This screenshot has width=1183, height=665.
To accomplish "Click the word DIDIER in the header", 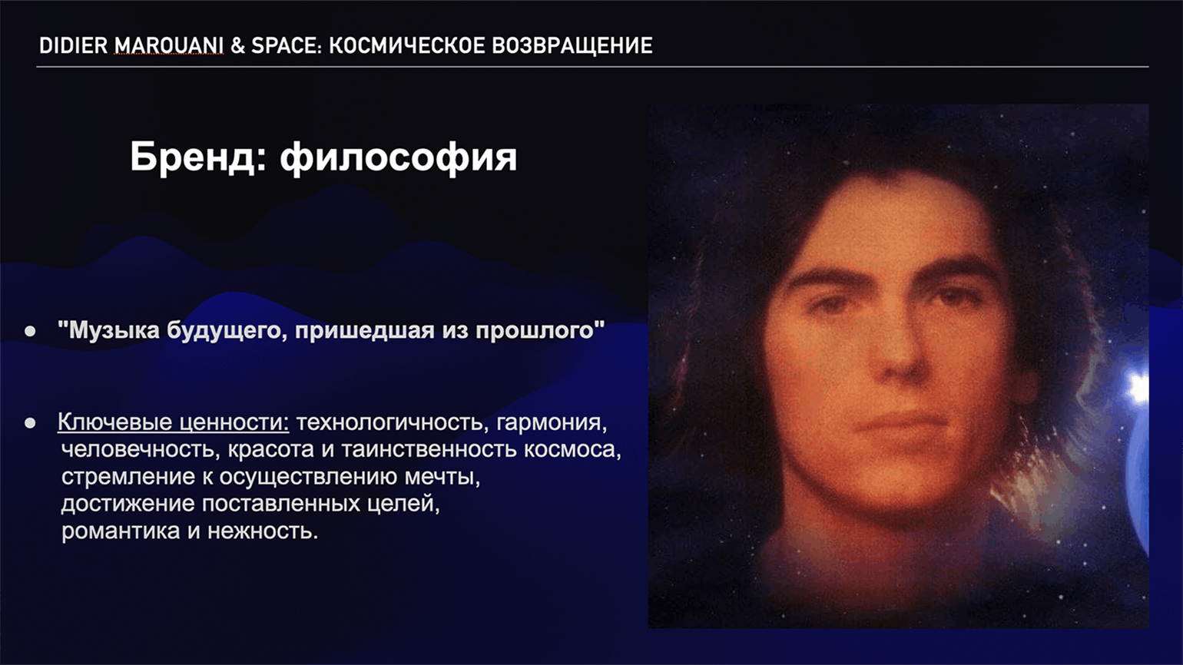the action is tap(74, 46).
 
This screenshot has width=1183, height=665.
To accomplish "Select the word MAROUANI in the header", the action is tap(169, 46).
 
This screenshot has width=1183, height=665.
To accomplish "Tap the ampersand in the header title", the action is tap(237, 46).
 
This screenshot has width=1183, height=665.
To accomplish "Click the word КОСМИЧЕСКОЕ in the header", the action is tap(406, 46).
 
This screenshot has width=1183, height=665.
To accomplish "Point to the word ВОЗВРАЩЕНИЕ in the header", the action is tap(572, 46).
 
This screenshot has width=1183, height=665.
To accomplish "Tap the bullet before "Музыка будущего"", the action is tap(30, 332).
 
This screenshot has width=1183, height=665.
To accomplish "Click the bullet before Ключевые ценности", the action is tap(30, 423).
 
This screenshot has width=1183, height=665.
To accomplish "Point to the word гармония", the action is tap(552, 423).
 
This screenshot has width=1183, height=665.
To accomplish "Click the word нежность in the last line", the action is tap(263, 531).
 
